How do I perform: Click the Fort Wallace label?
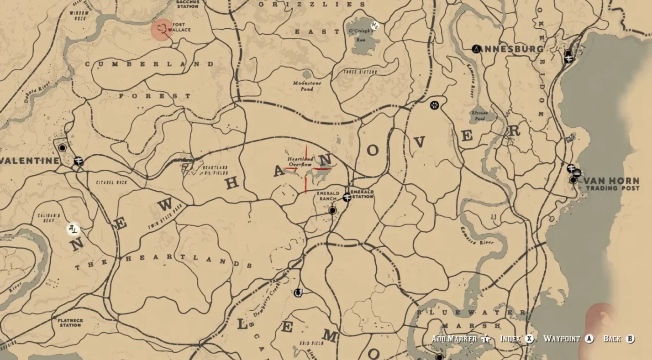179,27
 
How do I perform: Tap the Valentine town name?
30,161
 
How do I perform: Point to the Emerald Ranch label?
328,196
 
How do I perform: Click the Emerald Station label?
362,194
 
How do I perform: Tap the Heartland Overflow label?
300,162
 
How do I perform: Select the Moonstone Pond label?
307,86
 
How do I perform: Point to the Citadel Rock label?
112,182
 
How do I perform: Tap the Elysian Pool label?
480,115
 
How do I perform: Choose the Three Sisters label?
360,72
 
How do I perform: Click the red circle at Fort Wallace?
161,29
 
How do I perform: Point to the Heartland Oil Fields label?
215,170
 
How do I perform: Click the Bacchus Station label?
188,4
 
